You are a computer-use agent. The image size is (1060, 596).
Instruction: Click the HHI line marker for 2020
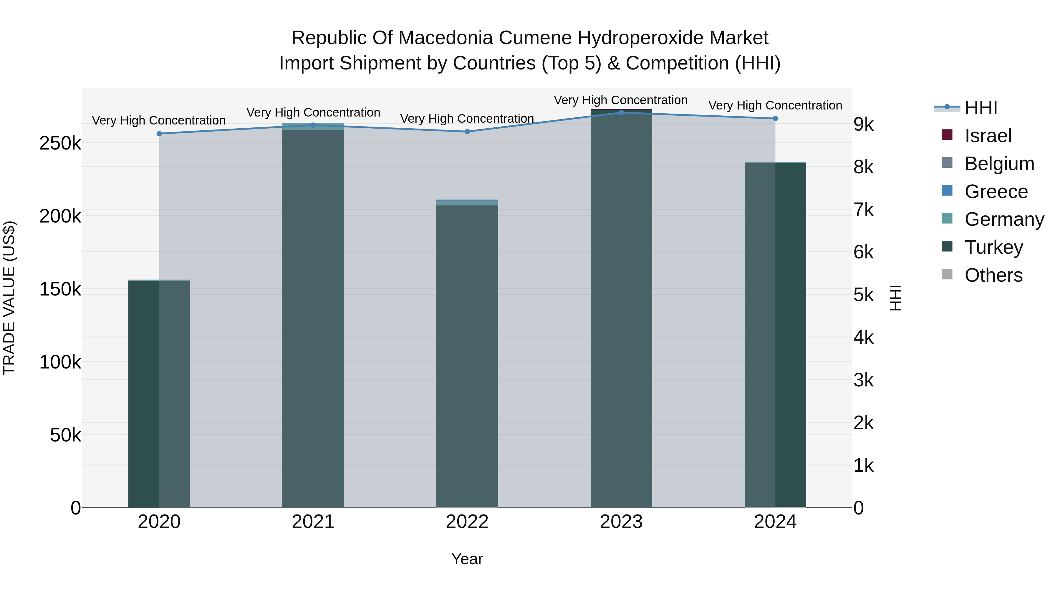pyautogui.click(x=159, y=134)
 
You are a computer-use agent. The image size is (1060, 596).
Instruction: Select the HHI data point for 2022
pyautogui.click(x=467, y=132)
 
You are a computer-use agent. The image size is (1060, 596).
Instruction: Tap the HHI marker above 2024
pyautogui.click(x=775, y=118)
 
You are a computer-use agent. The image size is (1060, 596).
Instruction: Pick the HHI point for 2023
pyautogui.click(x=621, y=112)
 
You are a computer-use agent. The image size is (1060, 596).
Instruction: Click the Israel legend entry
pyautogui.click(x=988, y=136)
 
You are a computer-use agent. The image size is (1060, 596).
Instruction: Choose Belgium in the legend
pyautogui.click(x=999, y=164)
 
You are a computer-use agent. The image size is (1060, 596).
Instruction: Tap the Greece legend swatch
pyautogui.click(x=947, y=191)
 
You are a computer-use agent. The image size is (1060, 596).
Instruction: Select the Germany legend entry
pyautogui.click(x=1004, y=219)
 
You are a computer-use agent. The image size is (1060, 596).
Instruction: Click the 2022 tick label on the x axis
pyautogui.click(x=467, y=522)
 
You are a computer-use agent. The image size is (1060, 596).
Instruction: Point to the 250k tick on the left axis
pyautogui.click(x=60, y=144)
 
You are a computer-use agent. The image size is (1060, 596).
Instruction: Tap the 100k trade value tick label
pyautogui.click(x=60, y=362)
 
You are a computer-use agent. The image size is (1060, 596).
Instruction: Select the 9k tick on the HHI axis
pyautogui.click(x=863, y=124)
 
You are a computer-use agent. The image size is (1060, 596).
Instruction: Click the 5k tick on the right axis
pyautogui.click(x=863, y=295)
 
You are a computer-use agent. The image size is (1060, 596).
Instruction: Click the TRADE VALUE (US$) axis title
pyautogui.click(x=9, y=298)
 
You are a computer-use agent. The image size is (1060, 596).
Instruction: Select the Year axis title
pyautogui.click(x=467, y=559)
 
